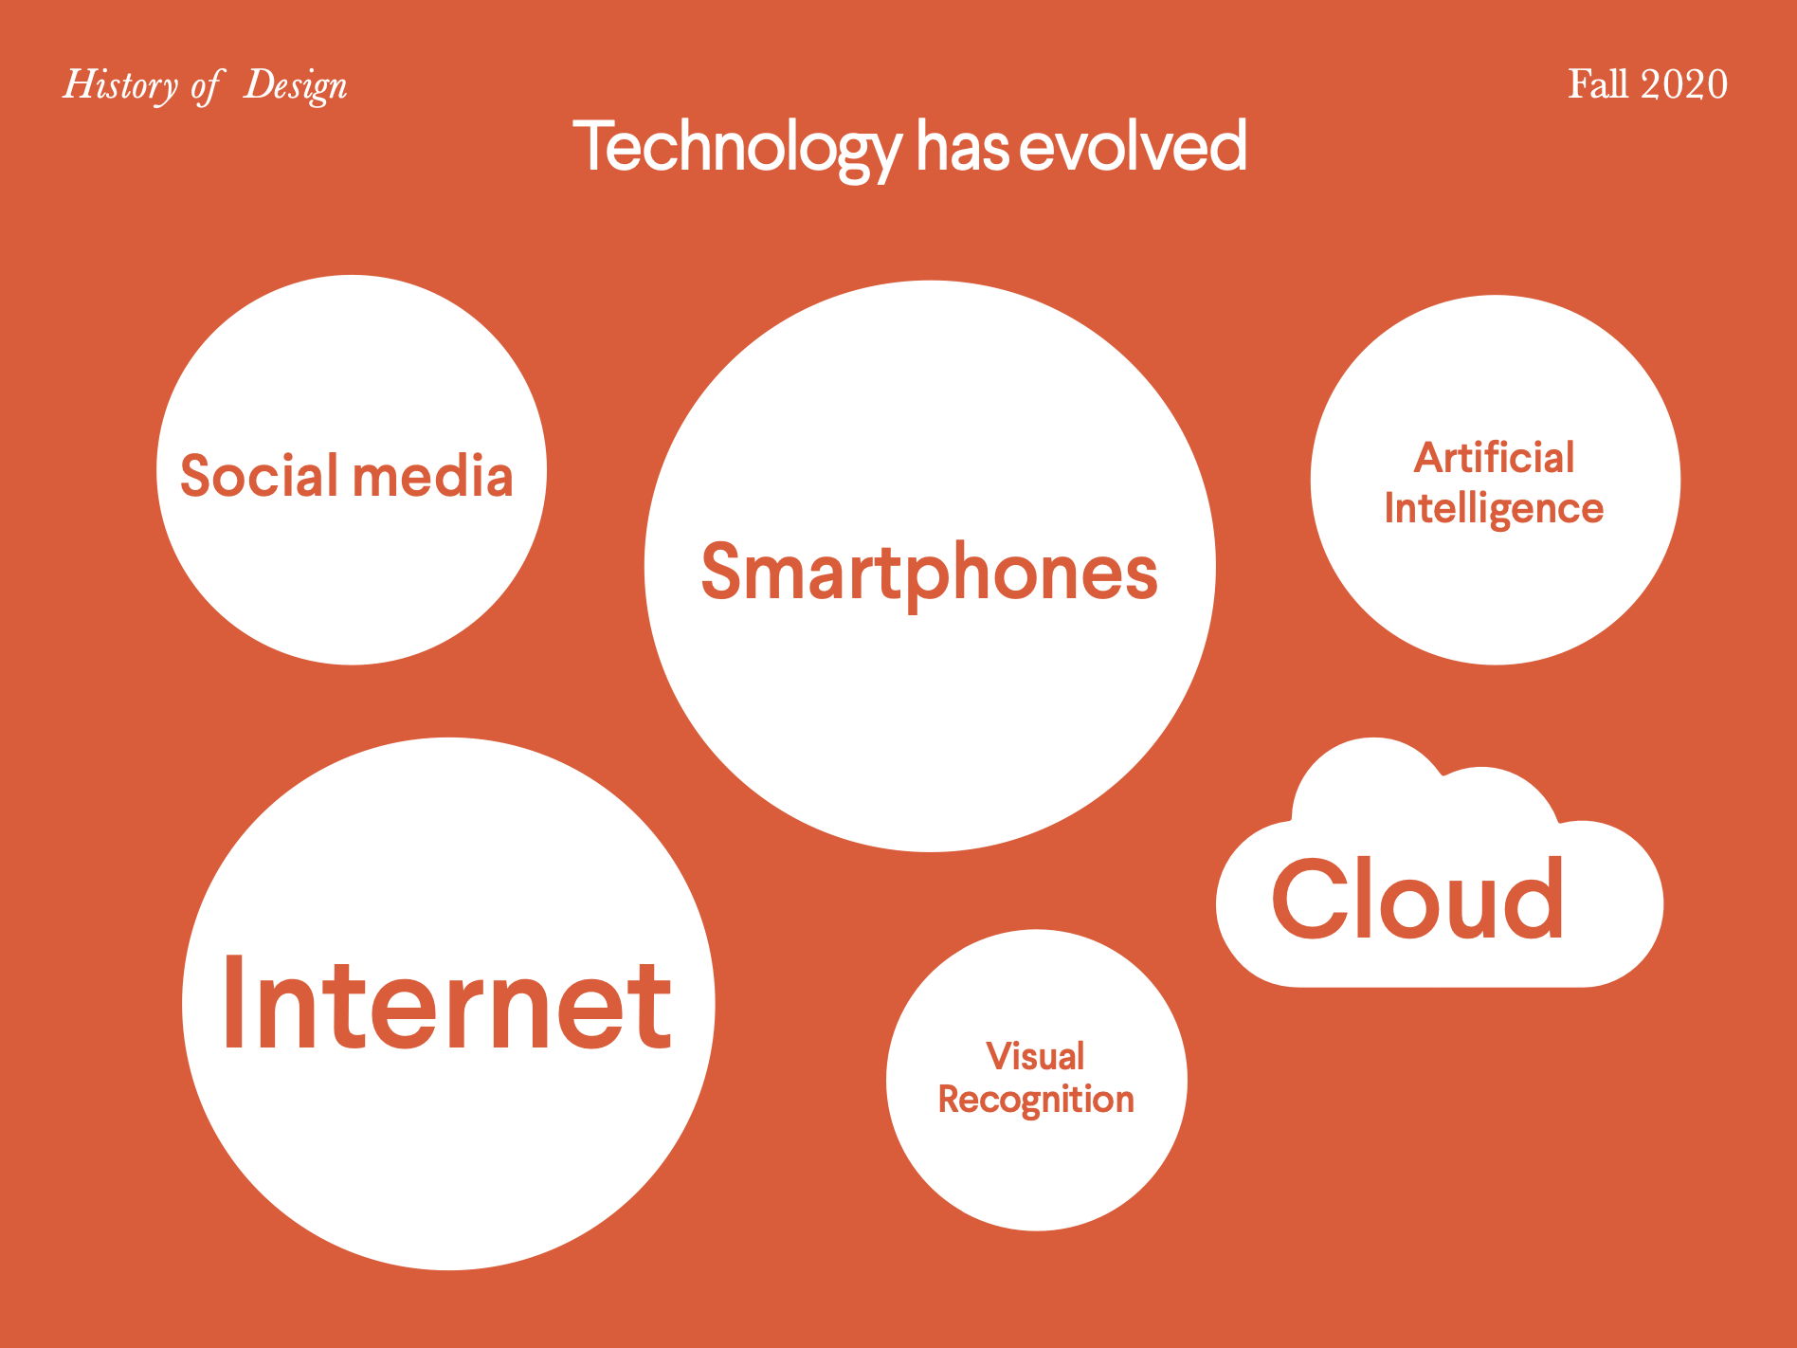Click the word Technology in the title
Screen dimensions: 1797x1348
pos(737,149)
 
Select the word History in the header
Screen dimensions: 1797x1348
pos(120,85)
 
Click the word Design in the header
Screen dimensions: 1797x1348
pos(296,86)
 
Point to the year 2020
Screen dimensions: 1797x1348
pos(1684,84)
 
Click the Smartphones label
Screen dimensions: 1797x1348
pos(930,574)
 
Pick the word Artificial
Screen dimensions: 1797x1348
pos(1495,458)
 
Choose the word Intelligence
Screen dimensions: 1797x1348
pos(1494,509)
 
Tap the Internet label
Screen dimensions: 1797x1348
pos(447,1004)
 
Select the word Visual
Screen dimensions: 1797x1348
pos(1035,1056)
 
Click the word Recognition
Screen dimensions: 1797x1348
pos(1036,1100)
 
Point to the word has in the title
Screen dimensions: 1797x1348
pos(962,146)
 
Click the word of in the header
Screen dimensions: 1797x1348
pos(206,87)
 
